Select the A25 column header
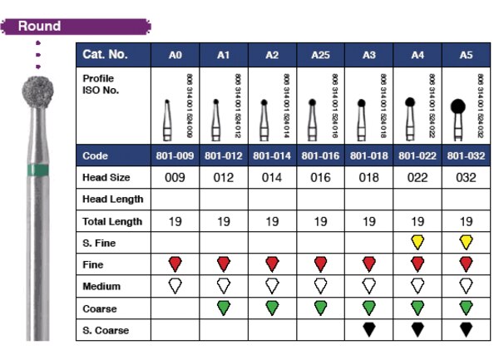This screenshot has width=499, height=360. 320,55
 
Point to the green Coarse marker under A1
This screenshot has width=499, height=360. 223,308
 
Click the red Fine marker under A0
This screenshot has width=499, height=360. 175,264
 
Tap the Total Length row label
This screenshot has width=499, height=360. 112,221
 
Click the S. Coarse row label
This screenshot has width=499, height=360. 105,329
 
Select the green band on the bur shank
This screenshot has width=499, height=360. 38,168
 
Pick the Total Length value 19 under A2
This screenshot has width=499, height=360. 272,221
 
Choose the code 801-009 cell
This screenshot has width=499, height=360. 175,155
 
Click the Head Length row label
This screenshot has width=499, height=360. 113,200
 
